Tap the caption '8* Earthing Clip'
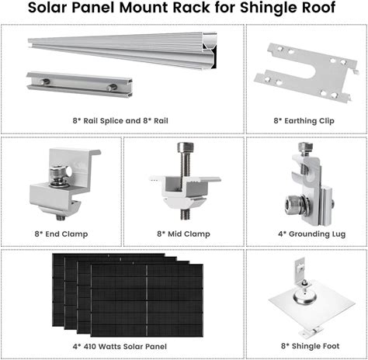click(x=304, y=121)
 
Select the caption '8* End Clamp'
click(x=61, y=234)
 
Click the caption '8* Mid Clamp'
click(x=183, y=234)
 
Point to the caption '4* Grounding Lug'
click(x=312, y=234)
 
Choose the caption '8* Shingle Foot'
click(x=311, y=346)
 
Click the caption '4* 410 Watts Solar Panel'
click(x=120, y=347)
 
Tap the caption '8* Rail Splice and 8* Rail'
click(x=120, y=121)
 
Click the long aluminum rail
click(x=122, y=50)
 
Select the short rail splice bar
click(x=79, y=85)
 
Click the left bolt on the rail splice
click(x=45, y=82)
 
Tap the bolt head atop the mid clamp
click(x=186, y=147)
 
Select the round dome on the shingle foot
click(x=306, y=299)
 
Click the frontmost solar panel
click(x=147, y=300)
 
